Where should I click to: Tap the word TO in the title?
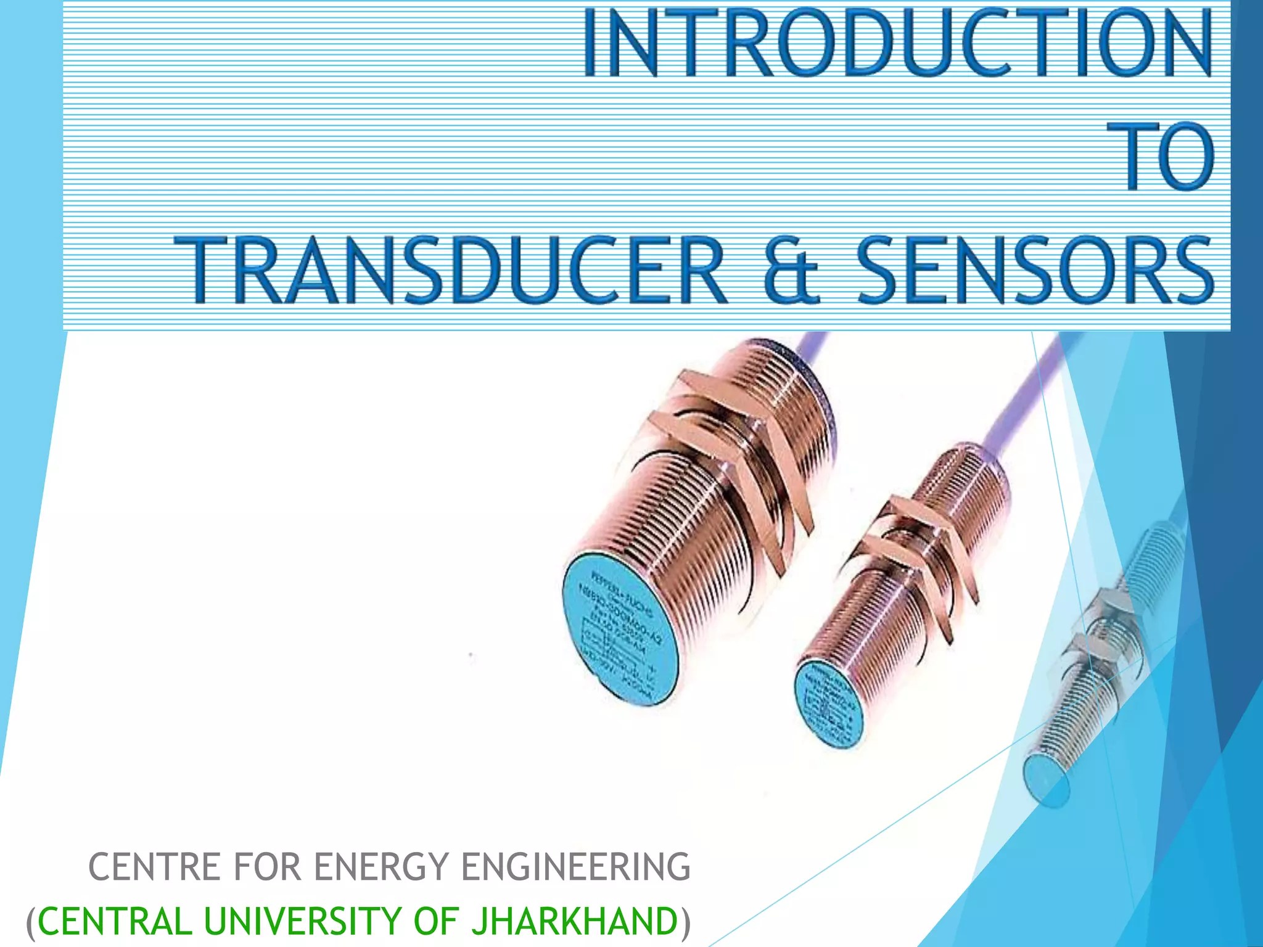pos(1167,157)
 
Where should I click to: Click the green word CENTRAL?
pos(115,920)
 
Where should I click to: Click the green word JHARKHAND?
pos(574,920)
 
